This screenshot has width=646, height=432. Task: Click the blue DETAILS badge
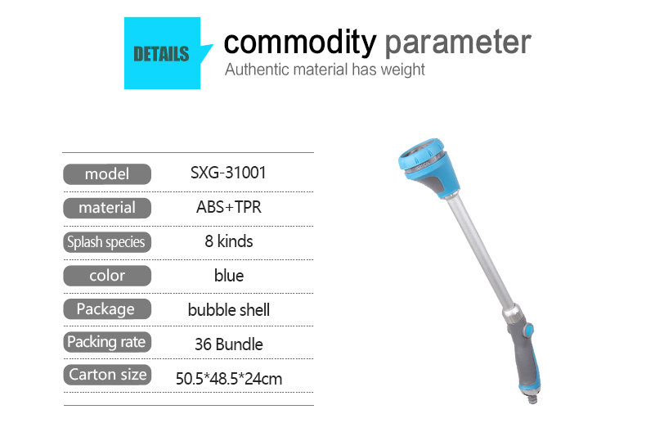tap(163, 53)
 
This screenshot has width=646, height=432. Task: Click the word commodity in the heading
tap(300, 42)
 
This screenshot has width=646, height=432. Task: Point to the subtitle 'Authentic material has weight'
tap(325, 70)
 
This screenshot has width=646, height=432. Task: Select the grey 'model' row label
tap(107, 174)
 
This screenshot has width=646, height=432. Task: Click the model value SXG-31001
tap(228, 173)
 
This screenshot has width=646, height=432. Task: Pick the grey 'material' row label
tap(107, 208)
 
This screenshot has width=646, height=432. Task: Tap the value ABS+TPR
tap(229, 207)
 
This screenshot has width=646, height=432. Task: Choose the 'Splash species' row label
tap(107, 242)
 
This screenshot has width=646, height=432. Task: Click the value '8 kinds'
tap(229, 241)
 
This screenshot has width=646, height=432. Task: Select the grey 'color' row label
tap(107, 276)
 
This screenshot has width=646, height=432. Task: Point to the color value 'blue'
tap(229, 276)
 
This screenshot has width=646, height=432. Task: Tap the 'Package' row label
tap(107, 308)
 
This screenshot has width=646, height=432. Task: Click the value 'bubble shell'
tap(229, 310)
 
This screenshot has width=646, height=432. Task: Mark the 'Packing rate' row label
tap(107, 342)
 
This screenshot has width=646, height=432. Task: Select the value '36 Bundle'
tap(229, 344)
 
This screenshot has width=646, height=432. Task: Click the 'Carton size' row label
tap(107, 375)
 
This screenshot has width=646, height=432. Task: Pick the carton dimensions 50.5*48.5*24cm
tap(229, 379)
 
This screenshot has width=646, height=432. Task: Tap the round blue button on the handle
tap(528, 331)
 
